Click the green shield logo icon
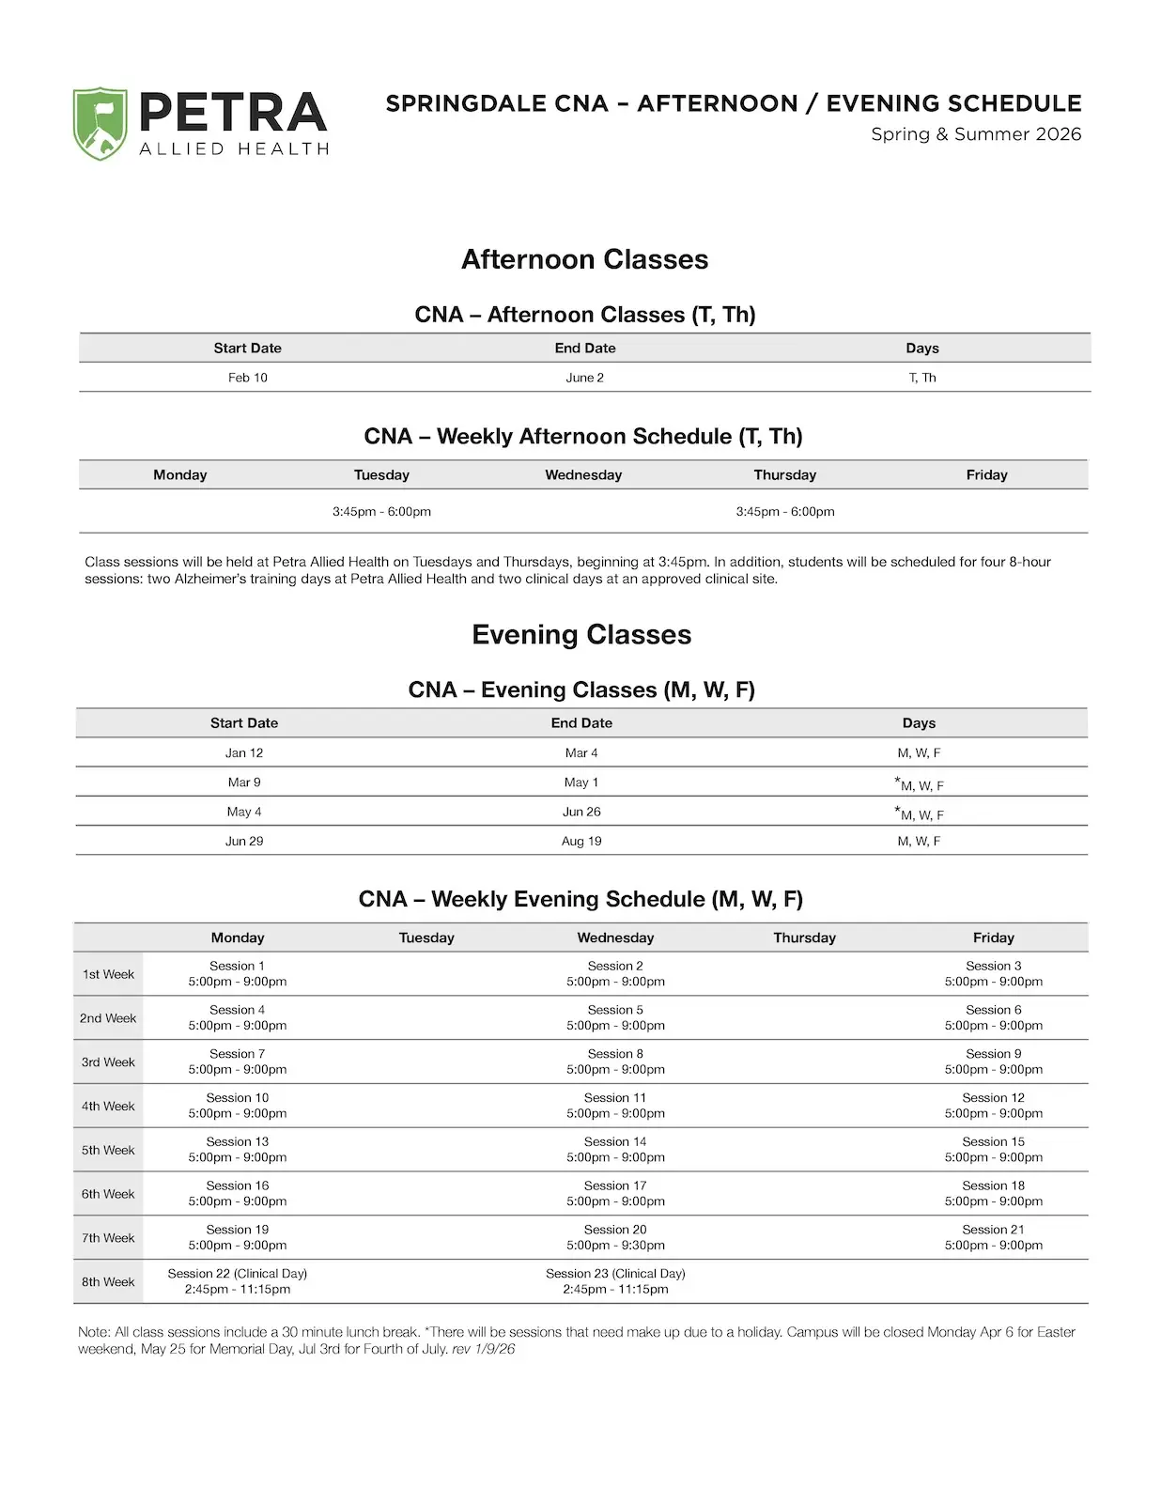101,123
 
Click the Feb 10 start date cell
247,378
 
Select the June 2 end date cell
584,378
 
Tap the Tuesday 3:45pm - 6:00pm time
381,512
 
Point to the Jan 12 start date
244,752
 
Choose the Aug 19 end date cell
581,841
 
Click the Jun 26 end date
581,812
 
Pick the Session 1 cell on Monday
238,973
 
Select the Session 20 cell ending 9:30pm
615,1237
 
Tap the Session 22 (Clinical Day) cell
238,1281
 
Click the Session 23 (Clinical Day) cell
615,1281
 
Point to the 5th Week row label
108,1150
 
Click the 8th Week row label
108,1281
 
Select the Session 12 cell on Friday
993,1106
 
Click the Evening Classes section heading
581,635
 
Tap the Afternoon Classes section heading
584,260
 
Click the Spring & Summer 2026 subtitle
976,134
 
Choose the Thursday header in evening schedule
804,937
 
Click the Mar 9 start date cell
244,782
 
